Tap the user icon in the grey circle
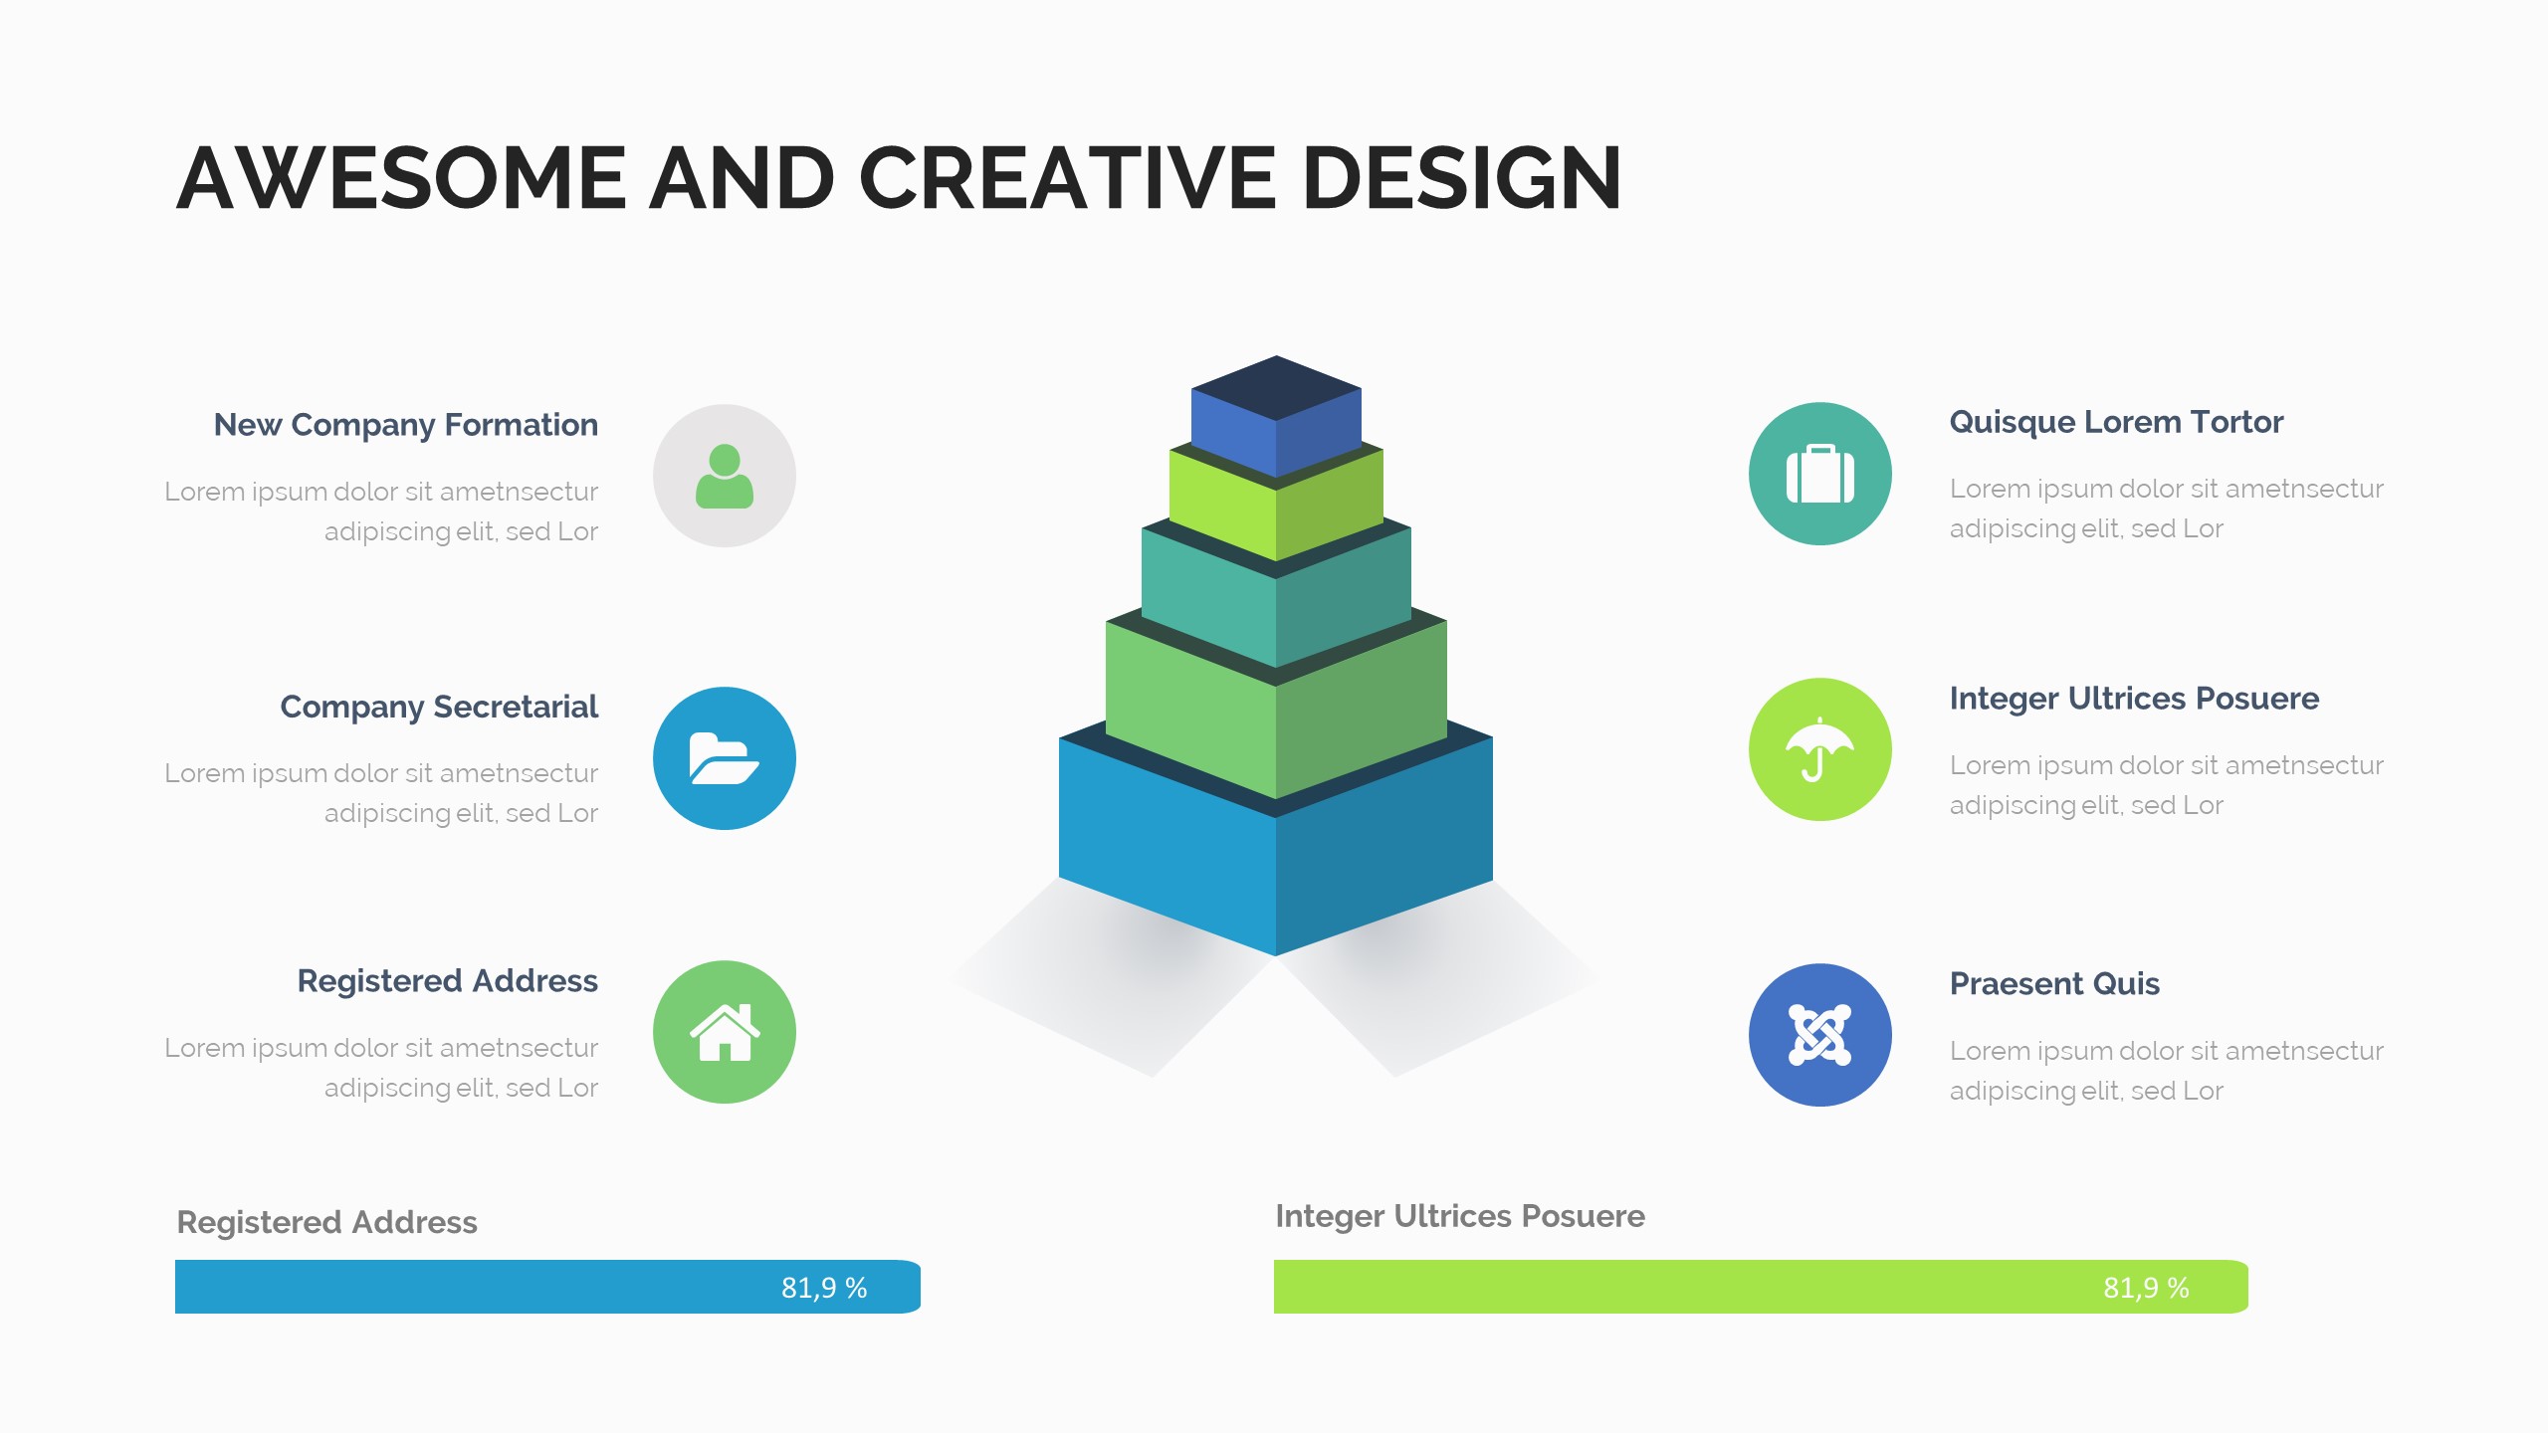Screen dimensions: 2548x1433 coord(725,476)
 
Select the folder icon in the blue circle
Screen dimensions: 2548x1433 coord(724,758)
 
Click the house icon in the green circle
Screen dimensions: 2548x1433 coord(725,1032)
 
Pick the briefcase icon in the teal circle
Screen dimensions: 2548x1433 coord(1820,474)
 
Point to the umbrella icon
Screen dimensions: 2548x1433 coord(1819,749)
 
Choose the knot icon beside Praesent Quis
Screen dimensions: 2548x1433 coord(1820,1035)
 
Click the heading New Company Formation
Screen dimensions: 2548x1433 coord(406,425)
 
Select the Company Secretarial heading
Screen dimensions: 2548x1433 coord(439,707)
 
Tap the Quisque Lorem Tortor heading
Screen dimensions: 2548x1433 coord(2116,423)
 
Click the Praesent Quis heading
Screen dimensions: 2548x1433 coord(2054,984)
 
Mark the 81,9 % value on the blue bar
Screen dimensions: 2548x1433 coord(824,1288)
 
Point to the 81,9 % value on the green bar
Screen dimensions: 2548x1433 coord(2146,1288)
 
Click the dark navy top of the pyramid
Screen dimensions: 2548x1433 coord(1276,388)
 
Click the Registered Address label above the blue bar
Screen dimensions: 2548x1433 coord(327,1222)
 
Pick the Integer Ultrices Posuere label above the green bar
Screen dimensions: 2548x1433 coord(1460,1217)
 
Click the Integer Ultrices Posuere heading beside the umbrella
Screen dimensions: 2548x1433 coord(2134,700)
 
